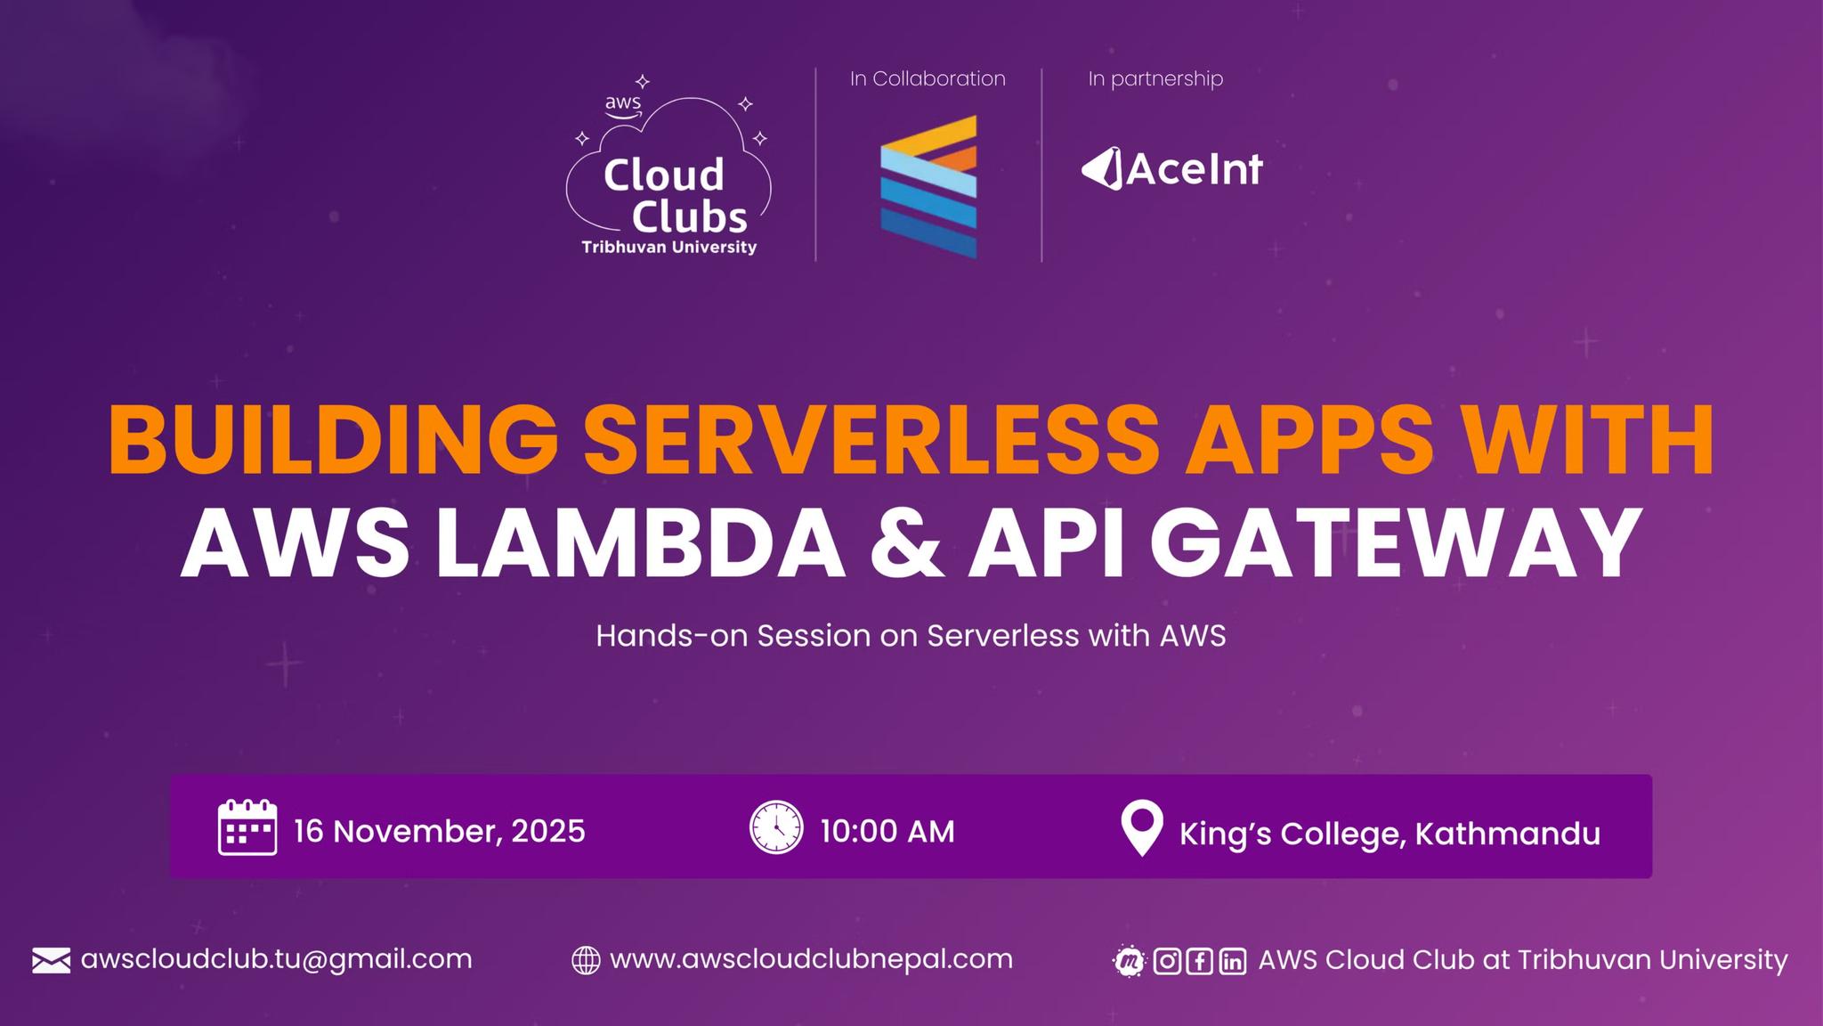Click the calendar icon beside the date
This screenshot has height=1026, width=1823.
(x=247, y=827)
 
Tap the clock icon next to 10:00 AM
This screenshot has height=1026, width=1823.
(x=776, y=827)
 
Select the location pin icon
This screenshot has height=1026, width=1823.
(x=1142, y=828)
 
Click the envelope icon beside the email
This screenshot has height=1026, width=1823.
(x=52, y=961)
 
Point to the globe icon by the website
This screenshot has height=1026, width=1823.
(x=585, y=960)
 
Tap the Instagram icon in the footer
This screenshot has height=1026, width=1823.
(x=1167, y=961)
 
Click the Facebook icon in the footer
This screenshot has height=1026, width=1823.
(x=1199, y=961)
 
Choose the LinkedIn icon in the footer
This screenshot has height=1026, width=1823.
(x=1232, y=961)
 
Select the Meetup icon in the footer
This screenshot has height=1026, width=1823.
(x=1130, y=961)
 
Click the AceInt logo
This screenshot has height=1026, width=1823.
(x=1172, y=169)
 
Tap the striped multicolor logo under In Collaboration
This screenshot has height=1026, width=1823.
(x=928, y=187)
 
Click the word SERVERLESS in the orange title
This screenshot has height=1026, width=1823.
(x=872, y=441)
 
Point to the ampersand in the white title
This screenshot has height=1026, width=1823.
(x=906, y=543)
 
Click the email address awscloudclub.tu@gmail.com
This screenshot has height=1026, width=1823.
(x=276, y=959)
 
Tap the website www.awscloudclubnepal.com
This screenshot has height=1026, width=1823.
(x=811, y=959)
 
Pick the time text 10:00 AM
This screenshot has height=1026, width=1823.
(x=887, y=831)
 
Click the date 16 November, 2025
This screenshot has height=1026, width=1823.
(x=440, y=831)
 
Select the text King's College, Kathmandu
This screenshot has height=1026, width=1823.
(x=1390, y=834)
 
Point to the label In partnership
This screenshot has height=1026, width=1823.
(x=1155, y=78)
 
